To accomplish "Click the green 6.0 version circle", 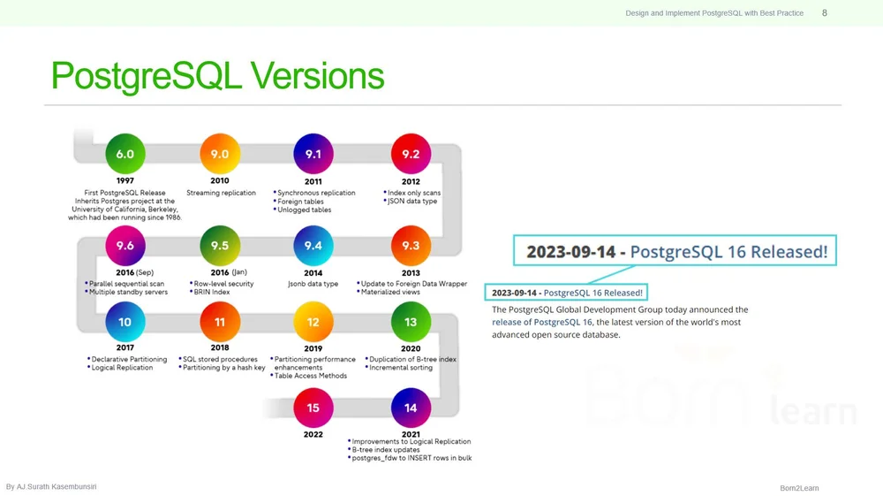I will [125, 154].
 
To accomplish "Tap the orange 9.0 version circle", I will [220, 154].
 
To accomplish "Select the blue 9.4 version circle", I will [313, 245].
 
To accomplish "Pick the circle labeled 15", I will [313, 408].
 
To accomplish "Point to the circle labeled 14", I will [411, 408].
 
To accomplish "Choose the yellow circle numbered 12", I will [313, 322].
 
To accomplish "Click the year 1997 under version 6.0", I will [125, 180].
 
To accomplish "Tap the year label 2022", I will [313, 433].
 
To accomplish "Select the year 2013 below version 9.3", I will [411, 272].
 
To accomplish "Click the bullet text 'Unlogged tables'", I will [305, 210].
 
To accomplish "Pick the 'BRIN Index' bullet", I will [211, 292].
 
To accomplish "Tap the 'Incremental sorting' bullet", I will [402, 368].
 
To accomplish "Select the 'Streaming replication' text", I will [221, 193].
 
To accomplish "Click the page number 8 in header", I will [825, 12].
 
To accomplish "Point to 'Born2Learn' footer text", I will [799, 488].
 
